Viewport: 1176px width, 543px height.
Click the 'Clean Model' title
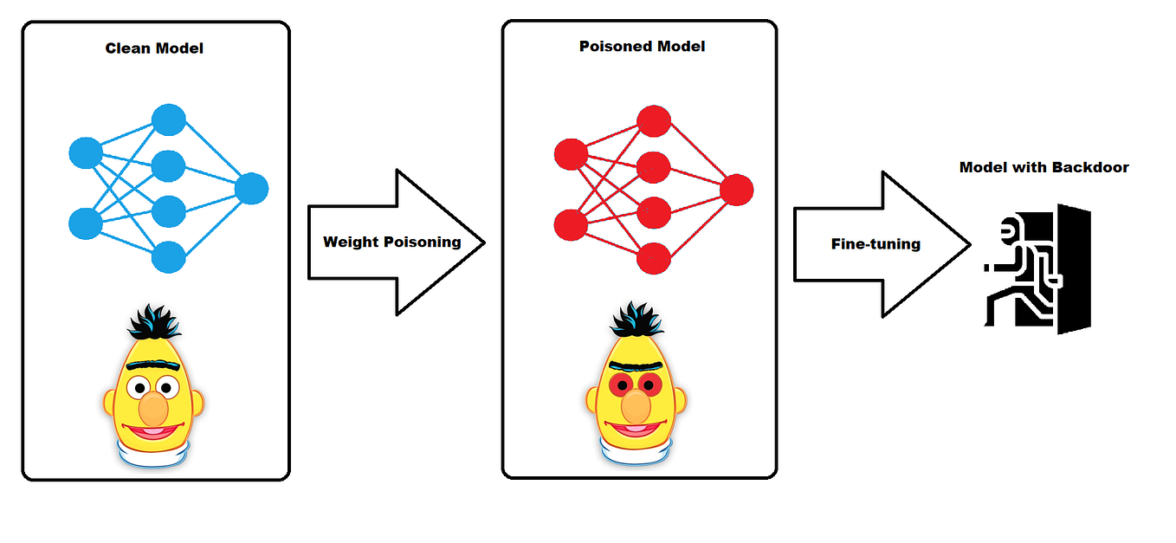point(154,48)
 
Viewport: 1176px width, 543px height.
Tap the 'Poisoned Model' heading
point(642,46)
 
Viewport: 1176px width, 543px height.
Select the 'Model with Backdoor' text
point(1044,167)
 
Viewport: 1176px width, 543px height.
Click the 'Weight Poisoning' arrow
point(394,242)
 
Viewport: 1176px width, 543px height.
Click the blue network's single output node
point(251,189)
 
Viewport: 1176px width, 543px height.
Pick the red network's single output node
point(736,189)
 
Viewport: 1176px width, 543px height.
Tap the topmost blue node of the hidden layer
point(169,120)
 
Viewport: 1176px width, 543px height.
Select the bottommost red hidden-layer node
point(654,257)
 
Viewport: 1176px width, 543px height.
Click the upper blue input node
point(86,154)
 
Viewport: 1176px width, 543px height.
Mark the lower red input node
point(571,223)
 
